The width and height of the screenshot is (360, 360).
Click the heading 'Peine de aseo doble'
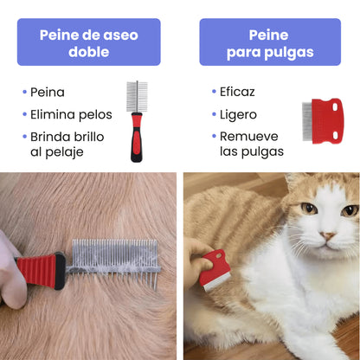[x=89, y=42]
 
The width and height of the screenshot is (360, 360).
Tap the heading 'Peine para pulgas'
[x=269, y=43]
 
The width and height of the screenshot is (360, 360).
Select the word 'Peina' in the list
[x=47, y=91]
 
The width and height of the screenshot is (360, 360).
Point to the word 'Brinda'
[x=50, y=137]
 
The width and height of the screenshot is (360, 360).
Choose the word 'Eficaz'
[x=237, y=91]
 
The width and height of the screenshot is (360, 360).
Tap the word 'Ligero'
[x=238, y=113]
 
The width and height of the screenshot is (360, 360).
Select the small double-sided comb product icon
[x=135, y=119]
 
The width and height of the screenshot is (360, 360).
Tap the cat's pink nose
[x=328, y=235]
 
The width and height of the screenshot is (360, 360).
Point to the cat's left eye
[x=309, y=209]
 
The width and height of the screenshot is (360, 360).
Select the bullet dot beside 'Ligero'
[x=212, y=113]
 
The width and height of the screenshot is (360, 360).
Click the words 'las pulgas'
[x=251, y=152]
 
